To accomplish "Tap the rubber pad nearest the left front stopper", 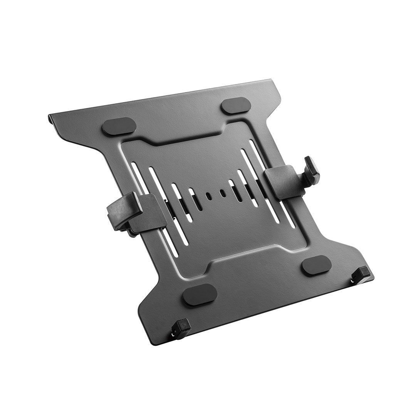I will pos(200,294).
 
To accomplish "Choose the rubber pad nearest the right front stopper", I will pos(316,265).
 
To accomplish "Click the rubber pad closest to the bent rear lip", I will pos(119,126).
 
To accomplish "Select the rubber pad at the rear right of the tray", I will pos(236,106).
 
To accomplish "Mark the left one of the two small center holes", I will pos(208,196).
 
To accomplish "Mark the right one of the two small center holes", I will pos(223,193).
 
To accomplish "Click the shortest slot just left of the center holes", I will pos(195,199).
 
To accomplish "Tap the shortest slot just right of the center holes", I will pos(235,190).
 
